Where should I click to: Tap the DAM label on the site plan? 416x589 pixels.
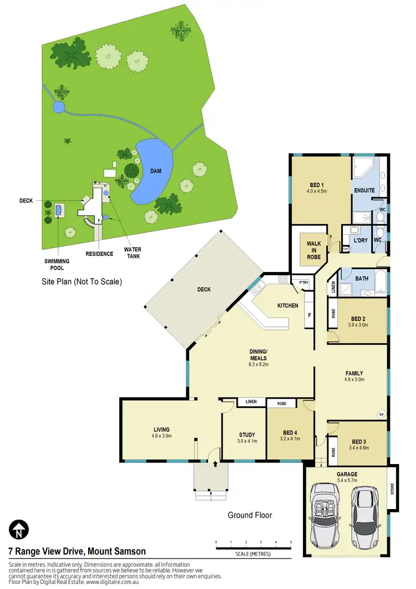pos(156,171)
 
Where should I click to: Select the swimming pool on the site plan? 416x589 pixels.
pos(59,210)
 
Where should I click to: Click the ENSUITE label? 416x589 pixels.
pos(364,190)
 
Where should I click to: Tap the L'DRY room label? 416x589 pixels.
pos(361,240)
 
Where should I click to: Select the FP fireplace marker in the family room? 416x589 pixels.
pos(381,415)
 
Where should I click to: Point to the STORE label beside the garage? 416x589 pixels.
pos(393,490)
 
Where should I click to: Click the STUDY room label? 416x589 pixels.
pos(247,435)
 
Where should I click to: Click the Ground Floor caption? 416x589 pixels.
pos(250,515)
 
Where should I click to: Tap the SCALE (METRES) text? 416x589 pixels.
pos(253,554)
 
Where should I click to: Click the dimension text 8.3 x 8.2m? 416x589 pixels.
pos(258,365)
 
